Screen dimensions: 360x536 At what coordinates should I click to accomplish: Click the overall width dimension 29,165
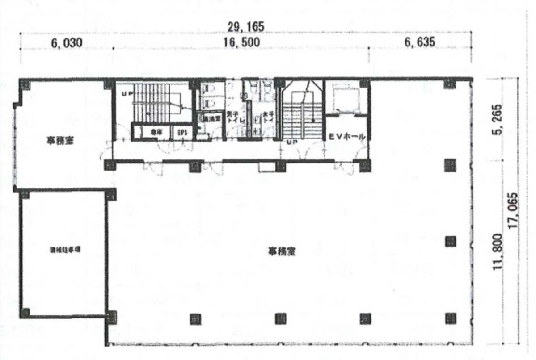(246, 27)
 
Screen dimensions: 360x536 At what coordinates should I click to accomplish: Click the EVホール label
(347, 136)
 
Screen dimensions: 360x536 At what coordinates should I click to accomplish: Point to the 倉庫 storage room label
(156, 133)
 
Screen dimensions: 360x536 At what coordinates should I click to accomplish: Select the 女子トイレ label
(268, 117)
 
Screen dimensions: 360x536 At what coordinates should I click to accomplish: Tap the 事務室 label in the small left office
(60, 141)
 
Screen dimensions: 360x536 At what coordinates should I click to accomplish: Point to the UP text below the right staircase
(291, 142)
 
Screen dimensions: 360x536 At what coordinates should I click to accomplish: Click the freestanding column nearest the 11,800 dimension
(450, 241)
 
